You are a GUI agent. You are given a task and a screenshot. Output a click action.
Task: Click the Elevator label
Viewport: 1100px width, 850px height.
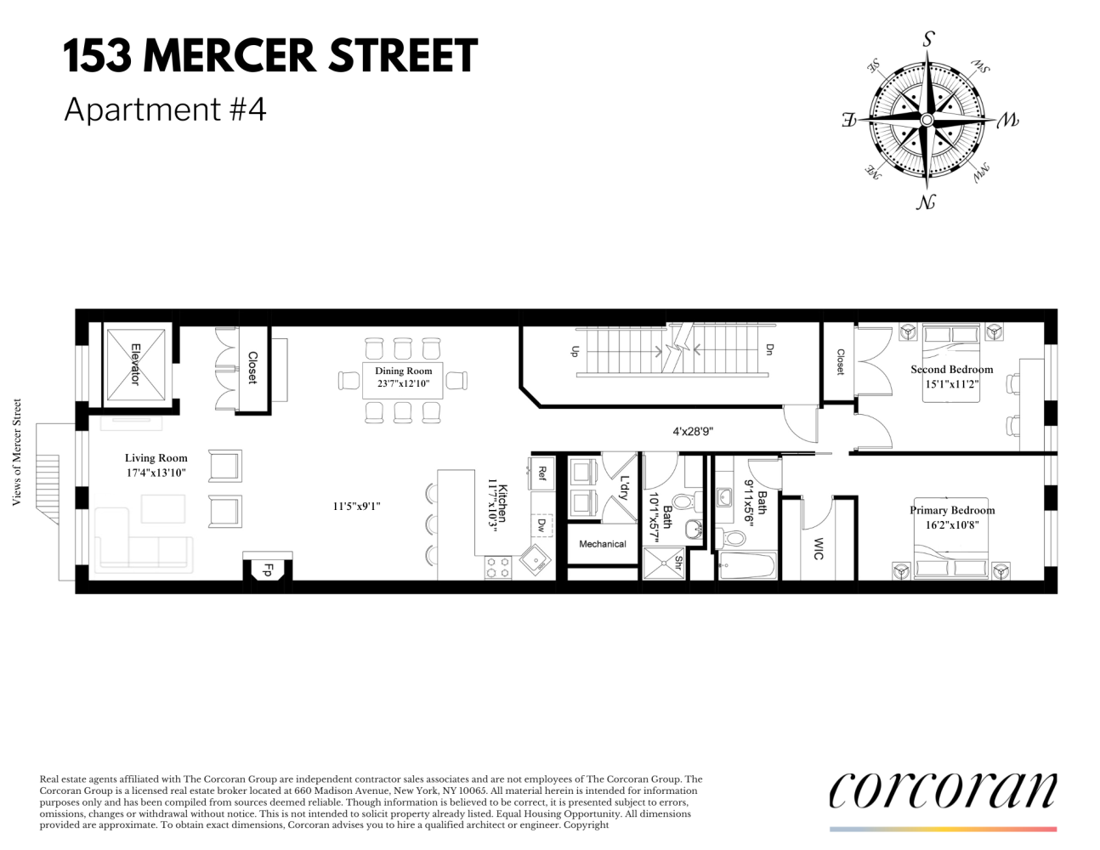click(134, 364)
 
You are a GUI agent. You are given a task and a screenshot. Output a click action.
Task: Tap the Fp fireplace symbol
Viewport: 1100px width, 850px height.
click(267, 570)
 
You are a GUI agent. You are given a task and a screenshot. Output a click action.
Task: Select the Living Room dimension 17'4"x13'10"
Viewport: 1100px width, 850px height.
click(156, 473)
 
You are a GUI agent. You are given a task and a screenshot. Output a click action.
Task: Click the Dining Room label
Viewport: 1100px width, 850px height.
click(403, 371)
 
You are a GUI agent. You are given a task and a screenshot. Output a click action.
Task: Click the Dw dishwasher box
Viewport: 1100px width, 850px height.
click(541, 526)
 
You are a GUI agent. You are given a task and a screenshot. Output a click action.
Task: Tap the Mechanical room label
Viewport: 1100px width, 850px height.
click(602, 544)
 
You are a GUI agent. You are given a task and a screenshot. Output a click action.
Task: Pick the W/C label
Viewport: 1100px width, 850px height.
click(818, 548)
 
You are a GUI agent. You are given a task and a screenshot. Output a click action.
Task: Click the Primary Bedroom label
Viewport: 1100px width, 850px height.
click(952, 510)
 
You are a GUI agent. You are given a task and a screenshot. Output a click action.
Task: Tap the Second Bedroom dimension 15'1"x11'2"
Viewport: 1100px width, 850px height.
click(952, 383)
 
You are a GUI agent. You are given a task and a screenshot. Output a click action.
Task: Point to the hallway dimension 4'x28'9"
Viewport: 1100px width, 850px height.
click(693, 431)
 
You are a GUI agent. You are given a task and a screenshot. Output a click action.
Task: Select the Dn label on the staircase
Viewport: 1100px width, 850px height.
click(769, 349)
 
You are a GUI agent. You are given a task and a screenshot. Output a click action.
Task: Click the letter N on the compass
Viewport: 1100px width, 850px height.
click(927, 202)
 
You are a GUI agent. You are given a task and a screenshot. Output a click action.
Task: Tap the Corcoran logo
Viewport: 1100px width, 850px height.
click(943, 790)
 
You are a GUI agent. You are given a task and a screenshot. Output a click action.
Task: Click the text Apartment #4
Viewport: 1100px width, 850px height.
click(165, 110)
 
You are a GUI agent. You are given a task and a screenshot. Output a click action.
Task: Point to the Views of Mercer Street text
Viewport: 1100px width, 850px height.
click(16, 452)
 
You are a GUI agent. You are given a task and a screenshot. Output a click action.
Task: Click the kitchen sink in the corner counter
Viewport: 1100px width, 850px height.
click(536, 560)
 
